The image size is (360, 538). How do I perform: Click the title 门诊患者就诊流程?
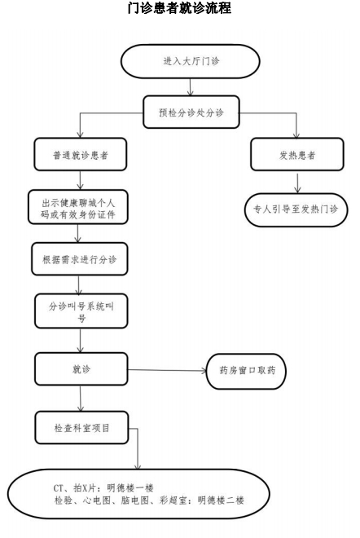click(179, 8)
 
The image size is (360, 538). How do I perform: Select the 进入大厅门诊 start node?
click(191, 60)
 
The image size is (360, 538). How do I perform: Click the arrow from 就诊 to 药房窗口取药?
click(167, 373)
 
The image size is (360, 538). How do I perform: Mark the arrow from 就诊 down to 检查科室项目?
click(80, 398)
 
